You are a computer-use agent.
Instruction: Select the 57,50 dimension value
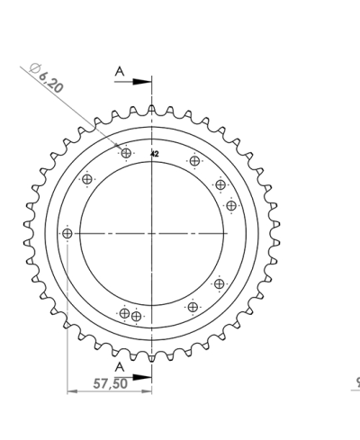point(110,383)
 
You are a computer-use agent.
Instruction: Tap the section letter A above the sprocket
point(119,71)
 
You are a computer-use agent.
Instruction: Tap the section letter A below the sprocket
point(119,366)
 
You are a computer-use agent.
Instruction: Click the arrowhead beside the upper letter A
point(144,81)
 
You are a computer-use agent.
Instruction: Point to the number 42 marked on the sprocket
point(155,155)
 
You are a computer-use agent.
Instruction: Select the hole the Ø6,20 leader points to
point(126,154)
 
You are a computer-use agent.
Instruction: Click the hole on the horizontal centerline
point(67,234)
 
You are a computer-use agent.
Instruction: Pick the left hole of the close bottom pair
point(124,313)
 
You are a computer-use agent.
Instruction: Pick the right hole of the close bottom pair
point(136,316)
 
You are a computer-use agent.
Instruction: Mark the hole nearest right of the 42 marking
point(194,162)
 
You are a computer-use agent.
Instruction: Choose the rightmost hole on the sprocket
point(231,205)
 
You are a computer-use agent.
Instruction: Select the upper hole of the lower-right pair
point(219,284)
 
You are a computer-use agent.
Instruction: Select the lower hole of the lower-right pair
point(193,307)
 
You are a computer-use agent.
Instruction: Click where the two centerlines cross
point(152,234)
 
